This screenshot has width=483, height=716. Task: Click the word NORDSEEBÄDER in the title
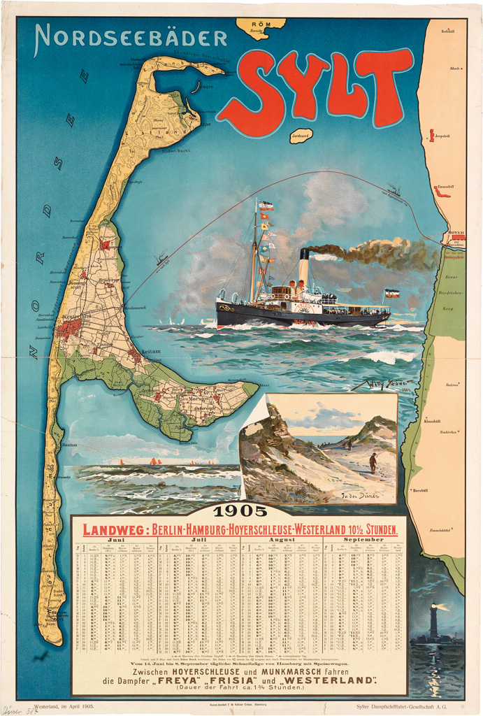tap(131, 38)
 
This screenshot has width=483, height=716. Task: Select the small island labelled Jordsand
tap(301, 135)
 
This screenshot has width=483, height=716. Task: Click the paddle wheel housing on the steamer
tap(305, 308)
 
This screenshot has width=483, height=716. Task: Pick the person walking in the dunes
tap(373, 462)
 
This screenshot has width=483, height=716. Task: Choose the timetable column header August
tap(282, 540)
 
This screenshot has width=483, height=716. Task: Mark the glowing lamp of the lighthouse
tap(435, 607)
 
